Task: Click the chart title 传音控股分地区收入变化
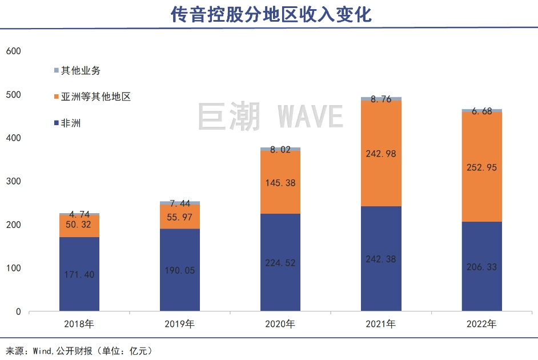[x=271, y=14]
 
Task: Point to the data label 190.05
[x=180, y=270]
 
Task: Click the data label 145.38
[x=280, y=182]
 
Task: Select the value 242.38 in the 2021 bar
[x=381, y=259]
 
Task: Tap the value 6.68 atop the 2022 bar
[x=481, y=111]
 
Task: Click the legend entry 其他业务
[x=81, y=70]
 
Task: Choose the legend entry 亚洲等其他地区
[x=96, y=97]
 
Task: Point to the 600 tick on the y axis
[x=13, y=51]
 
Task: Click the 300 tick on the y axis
[x=13, y=181]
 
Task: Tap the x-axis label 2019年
[x=180, y=325]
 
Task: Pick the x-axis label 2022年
[x=481, y=325]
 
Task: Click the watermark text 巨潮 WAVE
[x=270, y=116]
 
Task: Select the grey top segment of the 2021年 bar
[x=381, y=99]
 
